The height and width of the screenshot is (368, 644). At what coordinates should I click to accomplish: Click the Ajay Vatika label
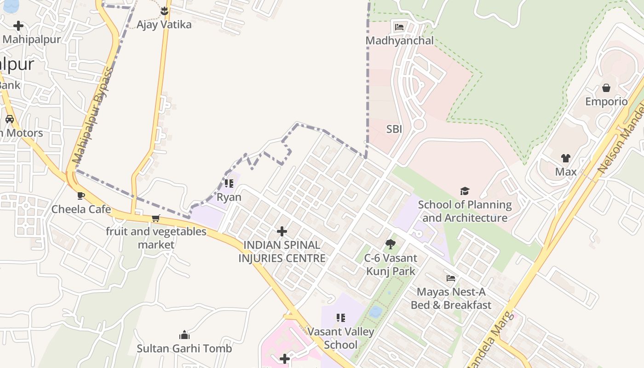pyautogui.click(x=164, y=24)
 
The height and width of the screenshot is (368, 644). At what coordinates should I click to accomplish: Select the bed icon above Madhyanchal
pyautogui.click(x=399, y=27)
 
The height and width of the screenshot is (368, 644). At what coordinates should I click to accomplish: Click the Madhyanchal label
pyautogui.click(x=399, y=40)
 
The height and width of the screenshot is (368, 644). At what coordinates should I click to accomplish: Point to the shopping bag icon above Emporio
pyautogui.click(x=606, y=87)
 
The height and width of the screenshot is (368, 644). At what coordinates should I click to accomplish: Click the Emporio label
pyautogui.click(x=606, y=101)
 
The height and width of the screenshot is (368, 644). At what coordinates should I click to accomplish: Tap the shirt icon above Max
pyautogui.click(x=565, y=158)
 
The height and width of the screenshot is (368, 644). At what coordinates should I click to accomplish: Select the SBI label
pyautogui.click(x=394, y=129)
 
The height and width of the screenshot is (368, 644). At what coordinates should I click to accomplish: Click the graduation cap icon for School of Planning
pyautogui.click(x=465, y=191)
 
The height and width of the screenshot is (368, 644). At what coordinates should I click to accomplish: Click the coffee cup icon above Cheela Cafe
pyautogui.click(x=81, y=195)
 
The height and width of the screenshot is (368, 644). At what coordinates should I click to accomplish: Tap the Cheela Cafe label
pyautogui.click(x=81, y=209)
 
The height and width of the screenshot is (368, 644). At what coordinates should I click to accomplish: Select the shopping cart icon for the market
pyautogui.click(x=156, y=218)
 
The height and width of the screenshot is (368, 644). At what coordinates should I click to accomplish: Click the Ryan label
pyautogui.click(x=229, y=197)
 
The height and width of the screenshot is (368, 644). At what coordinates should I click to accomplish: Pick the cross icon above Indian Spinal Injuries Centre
pyautogui.click(x=282, y=231)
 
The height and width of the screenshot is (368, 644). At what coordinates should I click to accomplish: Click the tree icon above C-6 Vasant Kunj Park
pyautogui.click(x=391, y=244)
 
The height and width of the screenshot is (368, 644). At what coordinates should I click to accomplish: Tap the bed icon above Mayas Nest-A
pyautogui.click(x=451, y=278)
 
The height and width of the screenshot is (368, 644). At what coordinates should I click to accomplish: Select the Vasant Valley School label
pyautogui.click(x=340, y=338)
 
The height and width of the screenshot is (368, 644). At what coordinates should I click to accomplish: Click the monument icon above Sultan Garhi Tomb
pyautogui.click(x=184, y=334)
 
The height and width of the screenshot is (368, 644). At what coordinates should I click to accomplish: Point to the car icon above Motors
pyautogui.click(x=10, y=119)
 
